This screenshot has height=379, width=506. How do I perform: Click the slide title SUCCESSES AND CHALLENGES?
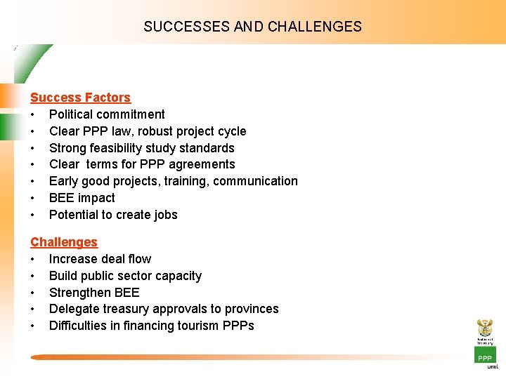click(252, 27)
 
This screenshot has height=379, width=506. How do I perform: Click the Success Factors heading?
click(80, 98)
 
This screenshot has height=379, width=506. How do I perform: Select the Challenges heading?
click(64, 242)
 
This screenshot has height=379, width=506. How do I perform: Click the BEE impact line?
click(82, 198)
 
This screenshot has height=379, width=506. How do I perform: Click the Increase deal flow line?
click(100, 259)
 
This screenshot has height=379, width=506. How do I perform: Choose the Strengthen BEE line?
click(94, 293)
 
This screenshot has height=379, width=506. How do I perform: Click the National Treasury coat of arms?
click(485, 328)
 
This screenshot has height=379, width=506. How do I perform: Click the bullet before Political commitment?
click(33, 114)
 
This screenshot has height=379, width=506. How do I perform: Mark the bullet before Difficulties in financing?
click(33, 326)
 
